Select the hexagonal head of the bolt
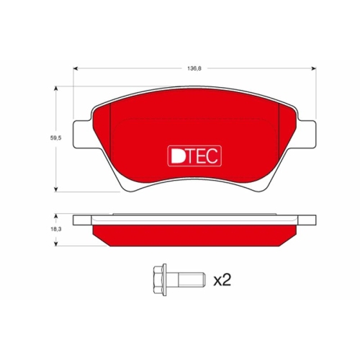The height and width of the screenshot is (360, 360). click(158, 276)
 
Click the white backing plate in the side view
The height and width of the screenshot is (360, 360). click(194, 219)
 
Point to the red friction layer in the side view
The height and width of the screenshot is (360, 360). click(194, 233)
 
